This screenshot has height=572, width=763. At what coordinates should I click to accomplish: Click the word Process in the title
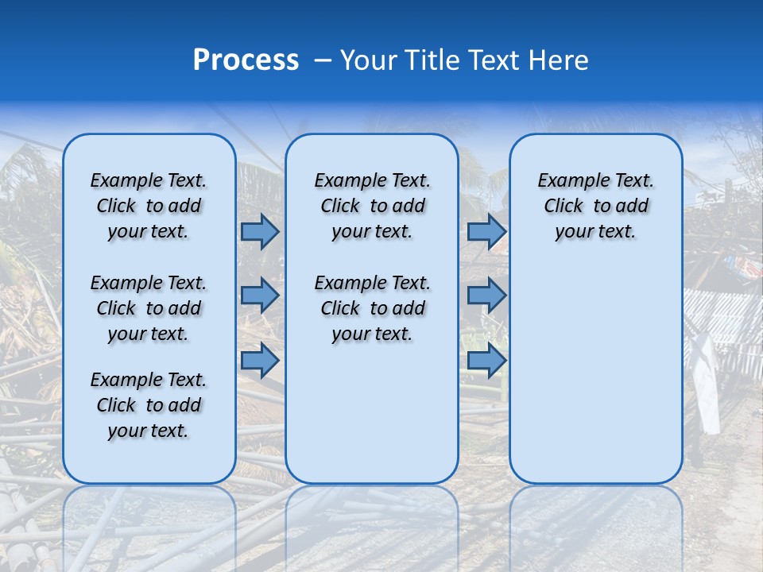pos(246,60)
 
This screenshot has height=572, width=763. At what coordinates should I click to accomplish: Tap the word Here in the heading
pos(559,60)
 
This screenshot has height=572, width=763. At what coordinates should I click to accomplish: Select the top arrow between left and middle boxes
pos(260,231)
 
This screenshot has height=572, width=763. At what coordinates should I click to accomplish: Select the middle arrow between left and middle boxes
pos(260,296)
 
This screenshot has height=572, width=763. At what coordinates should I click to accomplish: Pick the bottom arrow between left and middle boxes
pos(260,360)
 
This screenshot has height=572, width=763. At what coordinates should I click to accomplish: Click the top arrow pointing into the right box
pos(486,231)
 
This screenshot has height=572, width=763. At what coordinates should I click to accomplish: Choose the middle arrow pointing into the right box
pos(486,296)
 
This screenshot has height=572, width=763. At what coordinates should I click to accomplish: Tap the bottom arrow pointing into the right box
pos(486,360)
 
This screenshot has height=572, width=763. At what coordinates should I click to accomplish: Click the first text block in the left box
pos(149,206)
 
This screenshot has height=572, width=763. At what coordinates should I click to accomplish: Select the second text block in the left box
pos(149,308)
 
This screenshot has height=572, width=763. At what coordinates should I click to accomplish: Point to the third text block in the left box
pos(149,405)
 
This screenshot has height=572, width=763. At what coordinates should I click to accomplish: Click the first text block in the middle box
pos(372,206)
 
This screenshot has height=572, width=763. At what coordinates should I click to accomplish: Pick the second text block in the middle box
pos(372,308)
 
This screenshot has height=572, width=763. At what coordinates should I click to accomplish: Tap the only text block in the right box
pos(595,206)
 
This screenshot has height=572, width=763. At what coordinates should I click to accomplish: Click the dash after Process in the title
pos(323,61)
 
